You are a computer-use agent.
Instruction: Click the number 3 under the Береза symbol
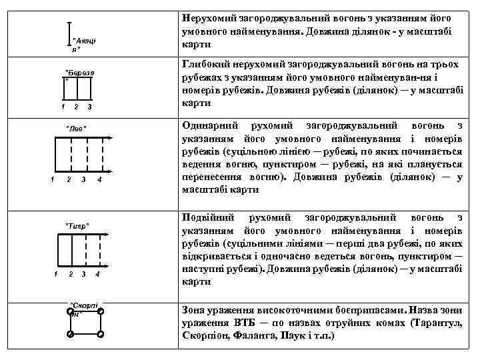pos(89,107)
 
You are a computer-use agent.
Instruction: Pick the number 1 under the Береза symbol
pos(62,107)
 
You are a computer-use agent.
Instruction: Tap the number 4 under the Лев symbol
pos(99,180)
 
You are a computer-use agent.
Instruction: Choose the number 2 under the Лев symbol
pos(69,180)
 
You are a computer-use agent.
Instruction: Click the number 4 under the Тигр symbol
pos(97,275)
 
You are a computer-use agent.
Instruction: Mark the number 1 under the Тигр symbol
pos(55,275)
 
